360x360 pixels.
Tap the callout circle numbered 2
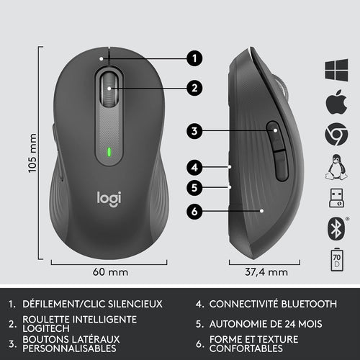194,89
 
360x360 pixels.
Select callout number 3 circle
194,131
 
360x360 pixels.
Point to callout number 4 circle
194,167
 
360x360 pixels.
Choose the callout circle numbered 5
194,189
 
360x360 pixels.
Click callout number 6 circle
194,212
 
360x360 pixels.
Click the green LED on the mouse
108,153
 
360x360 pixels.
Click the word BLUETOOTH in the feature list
306,303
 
